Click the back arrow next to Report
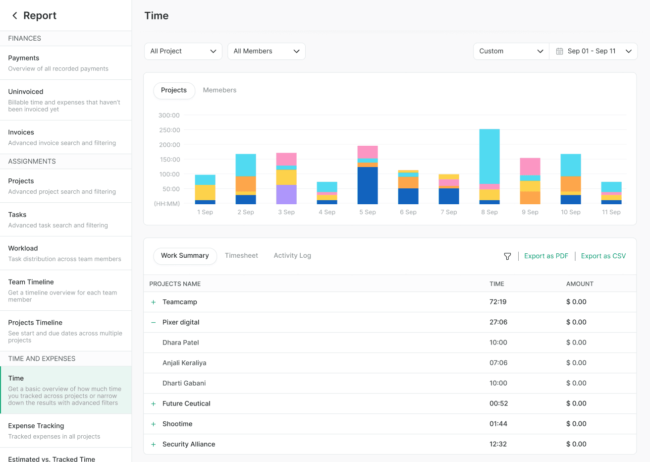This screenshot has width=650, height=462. coord(15,16)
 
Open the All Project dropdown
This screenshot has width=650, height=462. coord(183,51)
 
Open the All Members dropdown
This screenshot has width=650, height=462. coord(266,51)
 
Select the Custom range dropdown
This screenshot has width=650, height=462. coord(511,51)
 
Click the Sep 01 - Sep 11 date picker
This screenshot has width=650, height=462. coord(593,51)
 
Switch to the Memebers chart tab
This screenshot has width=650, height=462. coord(219,90)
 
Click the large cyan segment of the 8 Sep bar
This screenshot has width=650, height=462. coord(489,156)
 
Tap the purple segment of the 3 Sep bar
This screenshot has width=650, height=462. coord(286,194)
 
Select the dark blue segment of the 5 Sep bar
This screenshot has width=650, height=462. coord(368,185)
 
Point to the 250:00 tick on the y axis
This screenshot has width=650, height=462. coord(169,130)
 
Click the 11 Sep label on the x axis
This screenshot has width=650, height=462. coord(611,212)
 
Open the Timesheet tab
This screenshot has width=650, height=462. coord(241,256)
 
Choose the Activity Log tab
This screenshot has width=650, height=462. coord(292,256)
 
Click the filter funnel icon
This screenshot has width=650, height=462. coord(507,256)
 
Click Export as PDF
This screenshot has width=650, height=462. coord(546,256)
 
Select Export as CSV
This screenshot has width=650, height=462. coord(603,256)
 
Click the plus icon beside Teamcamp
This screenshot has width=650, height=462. coord(154,302)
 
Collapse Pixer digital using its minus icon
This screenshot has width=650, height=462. coord(154,322)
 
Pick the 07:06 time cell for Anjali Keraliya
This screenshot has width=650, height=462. coord(498,363)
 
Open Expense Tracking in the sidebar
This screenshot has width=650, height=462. coord(36,426)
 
